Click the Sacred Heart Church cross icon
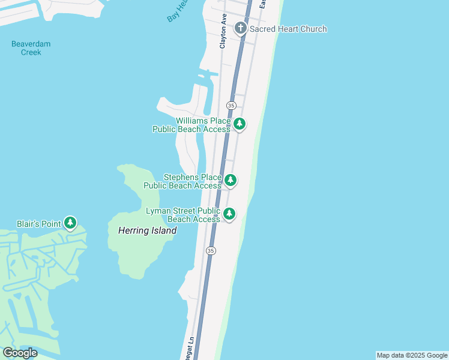point(240,28)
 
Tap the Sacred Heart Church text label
point(288,29)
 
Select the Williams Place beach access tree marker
point(240,124)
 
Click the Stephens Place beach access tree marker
point(230,180)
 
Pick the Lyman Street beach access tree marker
point(229,214)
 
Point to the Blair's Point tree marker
point(70,223)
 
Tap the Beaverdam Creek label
point(31,48)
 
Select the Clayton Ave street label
point(223,31)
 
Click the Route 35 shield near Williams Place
point(231,106)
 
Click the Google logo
point(20,353)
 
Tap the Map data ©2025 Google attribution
point(412,355)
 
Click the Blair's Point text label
point(38,224)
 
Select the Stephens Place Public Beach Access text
point(182,181)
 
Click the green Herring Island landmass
point(135,252)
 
